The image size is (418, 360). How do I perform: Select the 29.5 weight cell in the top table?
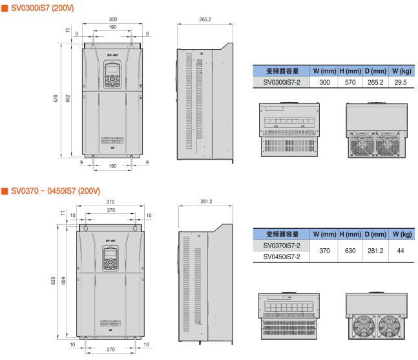point(401,83)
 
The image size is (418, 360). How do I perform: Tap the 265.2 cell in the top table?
point(374,83)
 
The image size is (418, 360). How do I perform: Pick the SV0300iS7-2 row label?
point(282,83)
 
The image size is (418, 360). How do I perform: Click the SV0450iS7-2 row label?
point(282,257)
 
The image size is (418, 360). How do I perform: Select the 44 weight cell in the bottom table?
point(401,251)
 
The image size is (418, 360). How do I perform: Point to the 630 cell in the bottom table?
point(350,251)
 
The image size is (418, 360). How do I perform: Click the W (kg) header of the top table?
point(401,70)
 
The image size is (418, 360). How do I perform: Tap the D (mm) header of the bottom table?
point(374,234)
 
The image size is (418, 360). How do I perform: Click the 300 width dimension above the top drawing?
point(112,20)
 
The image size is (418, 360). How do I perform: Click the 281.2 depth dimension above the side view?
point(205,202)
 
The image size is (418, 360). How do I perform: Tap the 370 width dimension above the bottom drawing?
point(110,202)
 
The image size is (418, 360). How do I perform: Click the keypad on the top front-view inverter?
point(112,75)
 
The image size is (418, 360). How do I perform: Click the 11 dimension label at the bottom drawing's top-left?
point(63,213)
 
